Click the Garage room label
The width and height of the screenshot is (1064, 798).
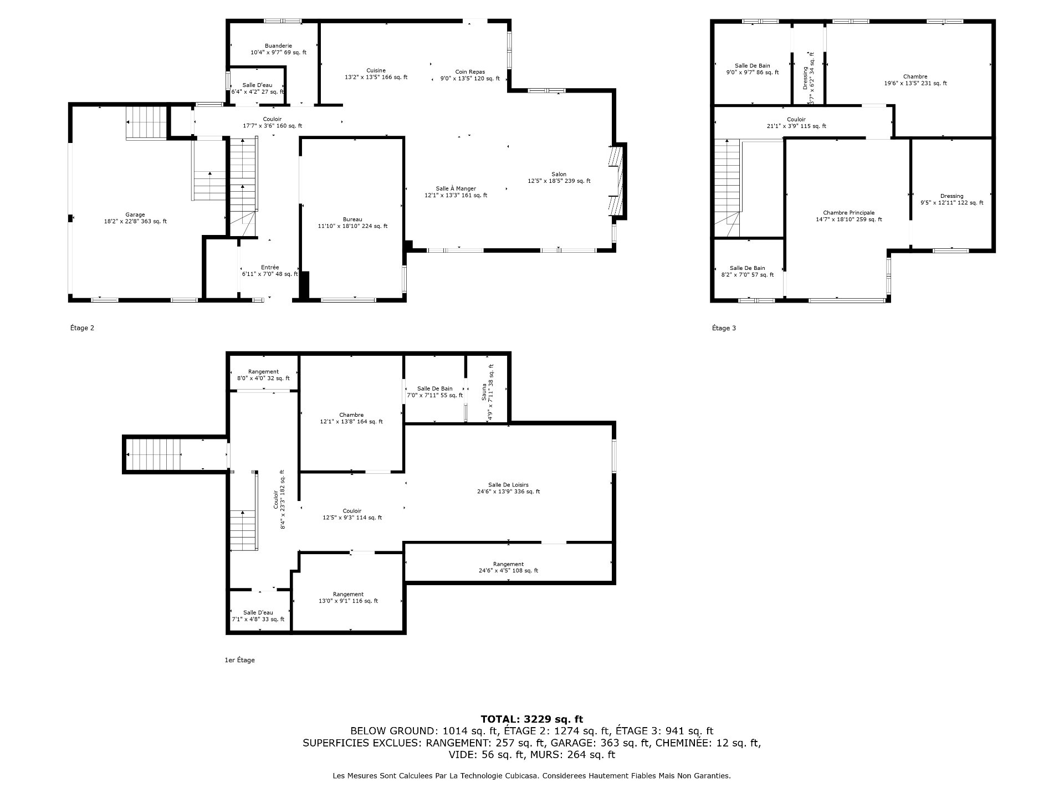coord(135,218)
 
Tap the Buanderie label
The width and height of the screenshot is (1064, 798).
coord(278,49)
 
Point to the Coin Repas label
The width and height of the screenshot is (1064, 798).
coord(470,75)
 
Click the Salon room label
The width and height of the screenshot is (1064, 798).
coord(559,178)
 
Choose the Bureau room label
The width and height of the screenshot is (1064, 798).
coord(352,223)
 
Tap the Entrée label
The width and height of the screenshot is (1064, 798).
coord(270,270)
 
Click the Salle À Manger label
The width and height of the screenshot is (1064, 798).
coord(456,192)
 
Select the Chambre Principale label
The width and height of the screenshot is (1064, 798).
coord(848,216)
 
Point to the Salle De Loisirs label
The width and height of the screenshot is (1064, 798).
coord(508,488)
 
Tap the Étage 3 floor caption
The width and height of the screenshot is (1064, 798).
coord(724,328)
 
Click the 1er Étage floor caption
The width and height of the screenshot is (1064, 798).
coord(239,660)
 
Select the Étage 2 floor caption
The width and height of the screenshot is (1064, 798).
coord(82,328)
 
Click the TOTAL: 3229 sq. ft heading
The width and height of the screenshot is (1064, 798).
coord(531,720)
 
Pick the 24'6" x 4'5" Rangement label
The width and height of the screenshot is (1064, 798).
coord(508,567)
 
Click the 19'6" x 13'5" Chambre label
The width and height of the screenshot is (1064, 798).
coord(915,80)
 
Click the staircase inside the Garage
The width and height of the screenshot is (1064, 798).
coord(146,122)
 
